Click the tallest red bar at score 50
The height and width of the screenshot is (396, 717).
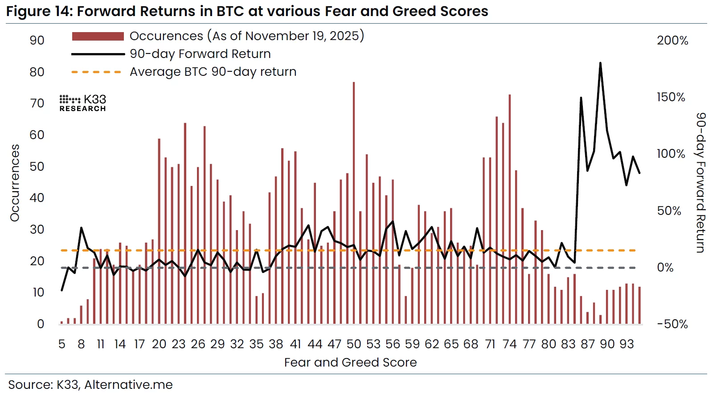point(354,203)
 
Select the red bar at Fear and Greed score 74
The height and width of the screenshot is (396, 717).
point(510,210)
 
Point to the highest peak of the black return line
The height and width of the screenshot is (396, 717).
point(600,64)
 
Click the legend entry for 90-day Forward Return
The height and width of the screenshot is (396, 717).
point(200,54)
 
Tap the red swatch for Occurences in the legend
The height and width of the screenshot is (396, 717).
point(98,36)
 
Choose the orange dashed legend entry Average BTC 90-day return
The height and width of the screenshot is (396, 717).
point(213,72)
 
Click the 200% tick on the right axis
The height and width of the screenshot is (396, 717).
point(672,41)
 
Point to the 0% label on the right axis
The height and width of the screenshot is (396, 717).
point(665,268)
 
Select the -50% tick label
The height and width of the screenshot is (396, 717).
point(672,324)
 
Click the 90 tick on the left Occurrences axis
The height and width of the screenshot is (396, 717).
point(37,41)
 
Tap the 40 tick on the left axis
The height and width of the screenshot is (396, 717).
point(37,198)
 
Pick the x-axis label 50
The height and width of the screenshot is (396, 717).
point(354,344)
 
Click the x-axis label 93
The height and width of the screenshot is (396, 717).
point(627,344)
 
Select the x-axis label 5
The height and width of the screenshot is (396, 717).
point(62,344)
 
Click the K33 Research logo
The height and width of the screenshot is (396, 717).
point(83,103)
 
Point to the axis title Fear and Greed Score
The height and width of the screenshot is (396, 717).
point(350,363)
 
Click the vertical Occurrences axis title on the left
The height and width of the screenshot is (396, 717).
point(15,183)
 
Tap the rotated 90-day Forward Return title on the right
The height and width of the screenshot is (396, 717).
point(701,183)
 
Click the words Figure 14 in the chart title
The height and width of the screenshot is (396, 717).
point(39,11)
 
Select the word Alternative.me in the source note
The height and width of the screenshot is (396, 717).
point(128,384)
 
